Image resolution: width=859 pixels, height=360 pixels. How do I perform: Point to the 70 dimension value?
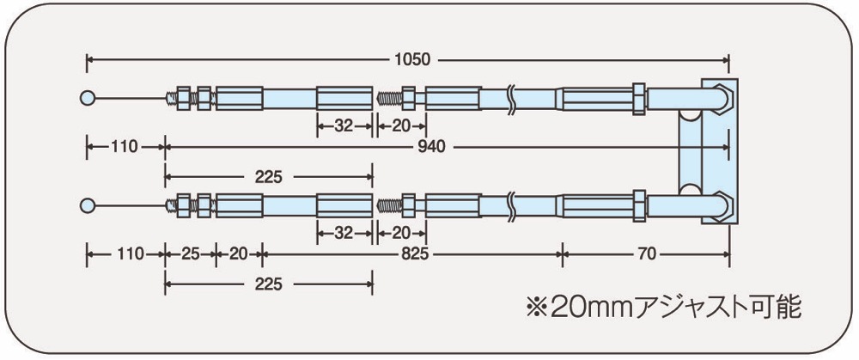tap(647, 253)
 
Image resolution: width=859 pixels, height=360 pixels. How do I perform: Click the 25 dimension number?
tap(190, 253)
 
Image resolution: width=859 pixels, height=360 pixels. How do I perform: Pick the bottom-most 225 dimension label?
tap(268, 284)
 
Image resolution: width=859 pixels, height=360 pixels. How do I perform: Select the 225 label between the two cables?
tap(268, 177)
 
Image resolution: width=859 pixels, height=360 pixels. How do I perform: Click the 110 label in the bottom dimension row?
tap(126, 253)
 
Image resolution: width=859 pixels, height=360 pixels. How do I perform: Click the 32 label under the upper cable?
tap(344, 126)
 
